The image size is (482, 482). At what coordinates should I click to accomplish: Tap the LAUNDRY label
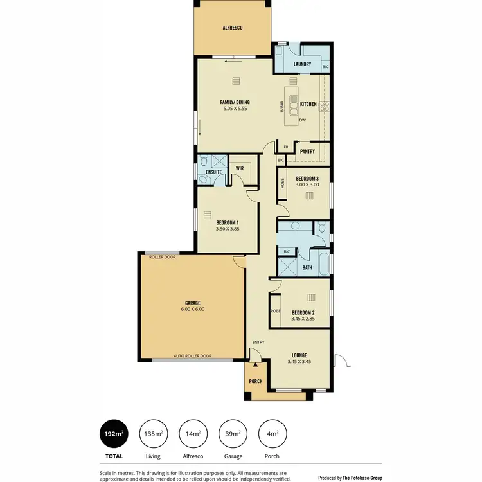point(302,64)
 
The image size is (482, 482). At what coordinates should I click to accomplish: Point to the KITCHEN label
point(308,103)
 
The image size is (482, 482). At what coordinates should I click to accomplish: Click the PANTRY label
point(307,152)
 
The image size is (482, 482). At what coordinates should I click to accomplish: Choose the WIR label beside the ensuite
point(240,168)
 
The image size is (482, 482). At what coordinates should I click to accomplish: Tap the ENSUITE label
point(214,172)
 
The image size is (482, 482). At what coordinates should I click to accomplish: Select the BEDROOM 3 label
point(307,178)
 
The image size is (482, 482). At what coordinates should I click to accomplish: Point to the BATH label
point(307,267)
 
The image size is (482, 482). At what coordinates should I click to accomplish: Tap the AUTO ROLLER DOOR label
point(192,355)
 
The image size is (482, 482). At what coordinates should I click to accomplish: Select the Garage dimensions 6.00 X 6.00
point(192,309)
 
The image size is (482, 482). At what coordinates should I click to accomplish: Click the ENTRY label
point(258,342)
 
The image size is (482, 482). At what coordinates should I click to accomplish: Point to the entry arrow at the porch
point(255,364)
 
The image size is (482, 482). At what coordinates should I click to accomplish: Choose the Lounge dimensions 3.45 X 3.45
point(299,362)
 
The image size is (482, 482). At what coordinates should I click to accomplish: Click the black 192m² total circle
point(113,434)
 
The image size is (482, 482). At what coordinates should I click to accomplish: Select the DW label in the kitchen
point(302,120)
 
